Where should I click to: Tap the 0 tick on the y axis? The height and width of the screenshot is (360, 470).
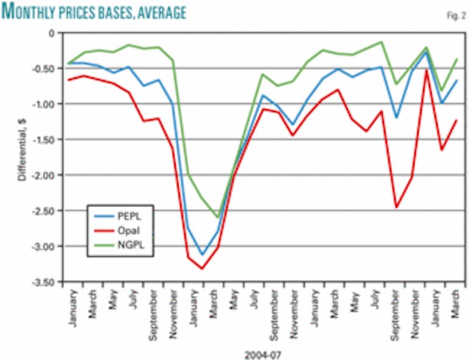[53, 32]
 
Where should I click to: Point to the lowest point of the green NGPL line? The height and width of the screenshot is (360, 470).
[217, 217]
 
